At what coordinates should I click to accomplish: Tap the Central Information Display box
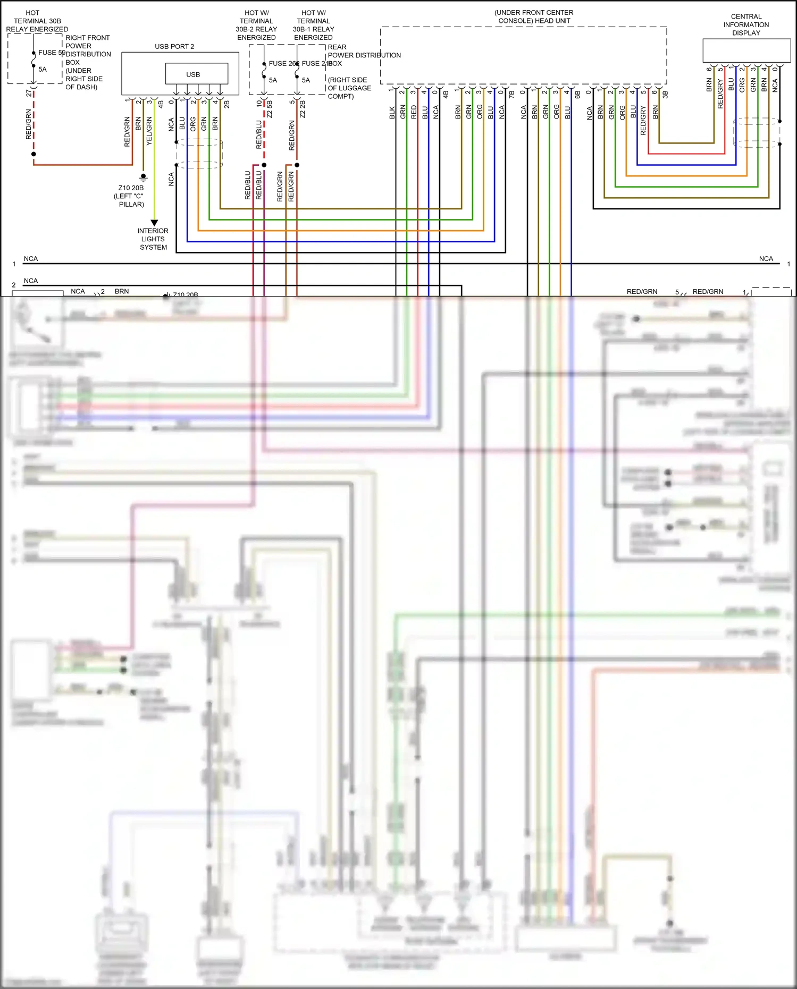pyautogui.click(x=746, y=50)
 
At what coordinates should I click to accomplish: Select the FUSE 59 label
pyautogui.click(x=51, y=53)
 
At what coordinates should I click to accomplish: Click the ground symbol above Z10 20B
pyautogui.click(x=143, y=177)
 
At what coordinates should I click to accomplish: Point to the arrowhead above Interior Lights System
pyautogui.click(x=154, y=223)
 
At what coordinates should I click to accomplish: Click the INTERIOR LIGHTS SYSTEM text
pyautogui.click(x=153, y=239)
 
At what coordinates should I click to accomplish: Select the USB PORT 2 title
pyautogui.click(x=174, y=46)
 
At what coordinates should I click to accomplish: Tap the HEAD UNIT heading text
pyautogui.click(x=534, y=16)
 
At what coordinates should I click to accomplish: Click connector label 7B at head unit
pyautogui.click(x=511, y=94)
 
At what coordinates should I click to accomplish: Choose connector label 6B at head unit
pyautogui.click(x=577, y=94)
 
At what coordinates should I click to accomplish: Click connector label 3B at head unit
pyautogui.click(x=665, y=94)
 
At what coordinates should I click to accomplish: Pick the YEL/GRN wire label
pyautogui.click(x=149, y=131)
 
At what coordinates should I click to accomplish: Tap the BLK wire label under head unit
pyautogui.click(x=392, y=113)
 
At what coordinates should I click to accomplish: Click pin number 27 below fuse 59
pyautogui.click(x=29, y=93)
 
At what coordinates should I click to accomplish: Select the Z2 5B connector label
pyautogui.click(x=270, y=108)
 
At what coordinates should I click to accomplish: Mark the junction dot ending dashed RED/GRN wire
pyautogui.click(x=33, y=154)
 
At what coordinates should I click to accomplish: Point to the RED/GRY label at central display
pyautogui.click(x=720, y=94)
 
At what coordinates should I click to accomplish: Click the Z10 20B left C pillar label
pyautogui.click(x=131, y=196)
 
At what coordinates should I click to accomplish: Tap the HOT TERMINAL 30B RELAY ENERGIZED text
pyautogui.click(x=37, y=21)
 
